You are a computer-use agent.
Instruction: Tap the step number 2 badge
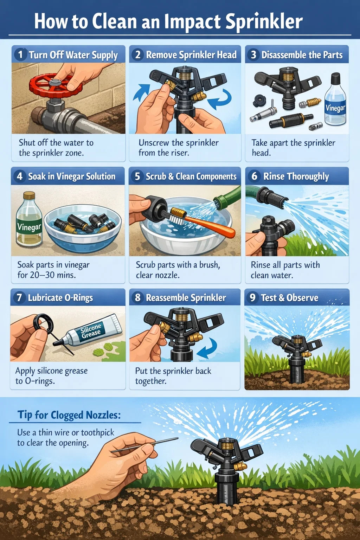[x=138, y=55]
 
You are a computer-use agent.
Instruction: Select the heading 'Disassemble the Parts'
[x=302, y=55]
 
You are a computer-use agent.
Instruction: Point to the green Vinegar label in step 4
[x=29, y=226]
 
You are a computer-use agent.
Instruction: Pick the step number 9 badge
[x=252, y=297]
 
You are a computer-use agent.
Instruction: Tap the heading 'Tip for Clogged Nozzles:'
[x=69, y=415]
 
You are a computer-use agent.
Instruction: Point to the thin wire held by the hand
[x=145, y=445]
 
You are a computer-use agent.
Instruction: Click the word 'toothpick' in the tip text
[x=98, y=432]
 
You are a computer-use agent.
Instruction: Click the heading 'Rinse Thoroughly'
[x=296, y=176]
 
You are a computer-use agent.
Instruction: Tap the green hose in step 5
[x=227, y=196]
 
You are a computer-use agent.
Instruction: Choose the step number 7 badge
[x=19, y=297]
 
